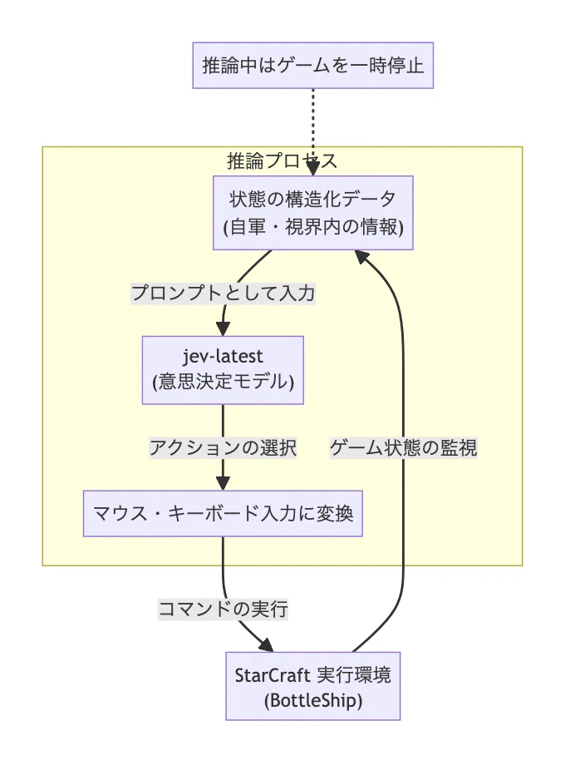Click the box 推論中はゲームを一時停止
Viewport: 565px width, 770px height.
point(312,66)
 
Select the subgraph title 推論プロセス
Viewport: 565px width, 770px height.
point(282,161)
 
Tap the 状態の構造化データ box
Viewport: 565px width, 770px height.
point(312,213)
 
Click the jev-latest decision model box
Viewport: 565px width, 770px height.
point(223,370)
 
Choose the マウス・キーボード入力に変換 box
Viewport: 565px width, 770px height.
point(223,513)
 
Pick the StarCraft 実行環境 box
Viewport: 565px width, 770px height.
point(312,686)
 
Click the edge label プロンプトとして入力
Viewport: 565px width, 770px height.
point(223,294)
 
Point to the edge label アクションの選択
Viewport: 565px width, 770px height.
point(223,447)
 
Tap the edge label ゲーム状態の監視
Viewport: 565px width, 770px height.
point(403,447)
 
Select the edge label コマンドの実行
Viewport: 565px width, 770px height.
point(223,609)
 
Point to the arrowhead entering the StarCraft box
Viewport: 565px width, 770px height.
point(266,644)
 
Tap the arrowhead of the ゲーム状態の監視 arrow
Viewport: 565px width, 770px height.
point(361,257)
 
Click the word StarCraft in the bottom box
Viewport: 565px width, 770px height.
point(273,675)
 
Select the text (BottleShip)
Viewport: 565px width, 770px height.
point(313,700)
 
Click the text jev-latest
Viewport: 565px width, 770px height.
point(223,356)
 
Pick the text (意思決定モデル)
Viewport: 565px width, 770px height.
point(223,382)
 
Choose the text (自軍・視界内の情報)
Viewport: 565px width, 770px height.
point(313,227)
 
